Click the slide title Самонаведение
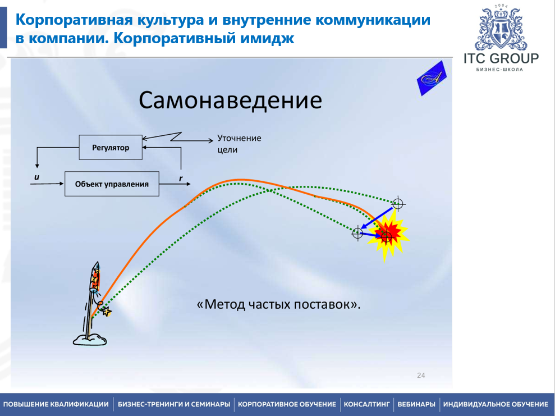coord(230,100)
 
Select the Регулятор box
coord(111,148)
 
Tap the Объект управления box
coord(112,184)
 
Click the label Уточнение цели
coord(239,144)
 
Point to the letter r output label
coord(181,178)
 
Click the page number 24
coord(421,375)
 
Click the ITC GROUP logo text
coord(501,58)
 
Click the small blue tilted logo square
coord(432,79)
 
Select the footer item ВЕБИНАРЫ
coord(416,404)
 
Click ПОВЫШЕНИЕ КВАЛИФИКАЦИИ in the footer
coord(56,404)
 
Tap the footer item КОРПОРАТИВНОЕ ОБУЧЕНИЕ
coord(287,404)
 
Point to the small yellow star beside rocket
coord(107,311)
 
